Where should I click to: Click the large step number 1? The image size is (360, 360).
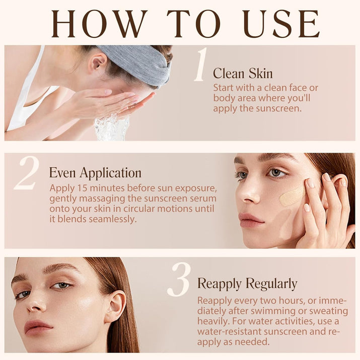click(x=200, y=64)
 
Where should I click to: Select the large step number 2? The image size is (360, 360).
click(x=27, y=173)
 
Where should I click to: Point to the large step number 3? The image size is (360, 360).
click(x=179, y=279)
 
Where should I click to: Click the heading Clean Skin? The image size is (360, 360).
click(x=243, y=74)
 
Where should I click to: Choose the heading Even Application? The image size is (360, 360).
click(x=95, y=173)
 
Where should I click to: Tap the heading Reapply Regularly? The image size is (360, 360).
click(x=247, y=284)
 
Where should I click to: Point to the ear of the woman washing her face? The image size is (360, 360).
click(x=98, y=62)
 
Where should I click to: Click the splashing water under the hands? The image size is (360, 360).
click(x=112, y=127)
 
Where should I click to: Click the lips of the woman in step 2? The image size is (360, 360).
click(x=251, y=220)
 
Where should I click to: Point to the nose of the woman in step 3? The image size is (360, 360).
click(x=36, y=304)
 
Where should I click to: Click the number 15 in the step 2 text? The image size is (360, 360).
click(x=82, y=188)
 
